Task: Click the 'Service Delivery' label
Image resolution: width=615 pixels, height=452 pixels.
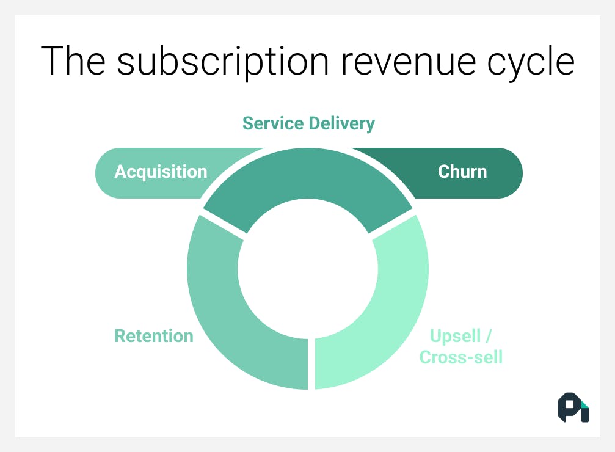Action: tap(308, 123)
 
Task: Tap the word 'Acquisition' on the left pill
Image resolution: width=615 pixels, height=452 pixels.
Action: tap(161, 172)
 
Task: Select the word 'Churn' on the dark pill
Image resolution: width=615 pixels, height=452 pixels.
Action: tap(462, 172)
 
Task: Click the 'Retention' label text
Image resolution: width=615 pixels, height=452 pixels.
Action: tap(154, 335)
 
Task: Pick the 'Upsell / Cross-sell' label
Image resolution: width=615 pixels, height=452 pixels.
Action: tap(461, 346)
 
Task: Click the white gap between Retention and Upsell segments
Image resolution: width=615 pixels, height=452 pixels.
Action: tap(311, 363)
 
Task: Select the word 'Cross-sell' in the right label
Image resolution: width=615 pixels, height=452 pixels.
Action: tap(461, 357)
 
